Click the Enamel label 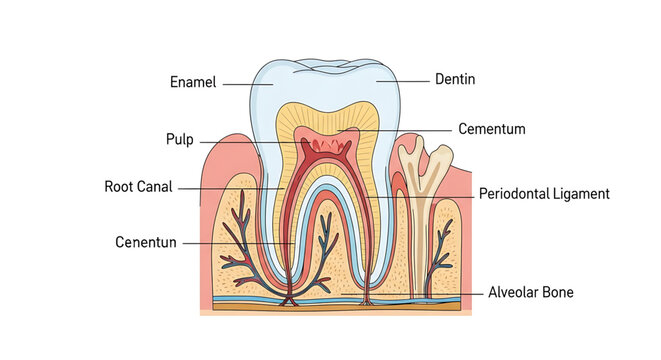pyautogui.click(x=193, y=82)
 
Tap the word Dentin pyautogui.click(x=454, y=78)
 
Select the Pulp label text pyautogui.click(x=179, y=139)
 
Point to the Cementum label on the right pyautogui.click(x=491, y=129)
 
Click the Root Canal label pyautogui.click(x=138, y=186)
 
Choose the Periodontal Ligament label pyautogui.click(x=543, y=194)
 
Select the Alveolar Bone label pyautogui.click(x=530, y=293)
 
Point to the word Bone pyautogui.click(x=557, y=293)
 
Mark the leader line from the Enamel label pyautogui.click(x=247, y=83)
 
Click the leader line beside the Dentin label pyautogui.click(x=402, y=78)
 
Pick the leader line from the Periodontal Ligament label pyautogui.click(x=420, y=195)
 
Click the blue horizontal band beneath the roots pyautogui.click(x=330, y=297)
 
